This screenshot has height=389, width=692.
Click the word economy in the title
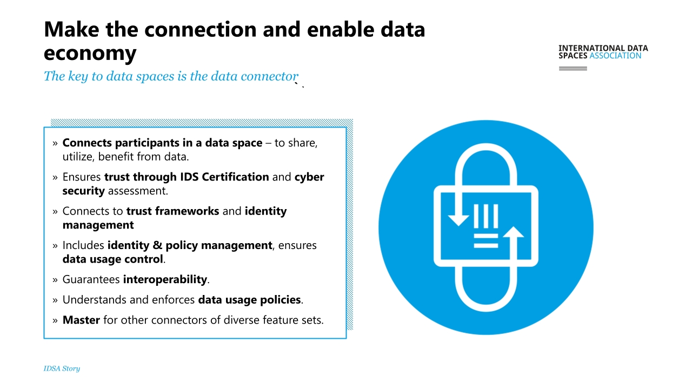90,53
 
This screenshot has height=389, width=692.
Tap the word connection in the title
201,29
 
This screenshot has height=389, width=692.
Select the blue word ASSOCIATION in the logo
615,56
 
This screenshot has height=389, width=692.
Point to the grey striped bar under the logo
573,68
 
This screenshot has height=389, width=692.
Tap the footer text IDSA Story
62,368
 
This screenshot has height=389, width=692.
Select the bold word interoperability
165,279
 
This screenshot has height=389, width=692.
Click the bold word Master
81,320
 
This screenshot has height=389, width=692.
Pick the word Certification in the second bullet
235,177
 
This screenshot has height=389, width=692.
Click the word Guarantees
91,279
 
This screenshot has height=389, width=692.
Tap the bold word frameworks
187,211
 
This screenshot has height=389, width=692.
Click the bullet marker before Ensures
55,178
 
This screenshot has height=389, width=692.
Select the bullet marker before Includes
55,246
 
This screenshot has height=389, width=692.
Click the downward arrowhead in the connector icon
458,220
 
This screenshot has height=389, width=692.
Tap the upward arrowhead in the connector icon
514,232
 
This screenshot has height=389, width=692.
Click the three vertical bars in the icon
486,216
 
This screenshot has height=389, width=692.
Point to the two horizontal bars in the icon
486,241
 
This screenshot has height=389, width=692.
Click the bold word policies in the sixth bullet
281,300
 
